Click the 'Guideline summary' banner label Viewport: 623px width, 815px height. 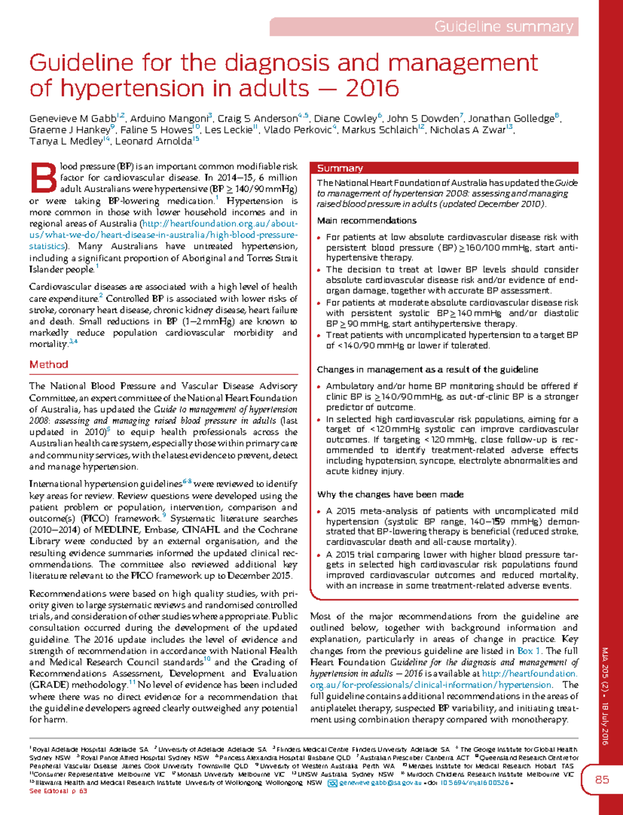pos(503,26)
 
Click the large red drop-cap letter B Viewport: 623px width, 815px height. pos(43,178)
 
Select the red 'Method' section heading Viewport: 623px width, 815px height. pos(49,365)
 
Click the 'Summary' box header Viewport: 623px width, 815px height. pos(340,168)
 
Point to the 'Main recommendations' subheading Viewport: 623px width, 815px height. pos(367,220)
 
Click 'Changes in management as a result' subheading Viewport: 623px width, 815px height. pos(427,369)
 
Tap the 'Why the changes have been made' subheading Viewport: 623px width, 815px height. pos(390,494)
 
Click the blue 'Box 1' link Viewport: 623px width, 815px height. pos(529,651)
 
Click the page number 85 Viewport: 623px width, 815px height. pos(602,780)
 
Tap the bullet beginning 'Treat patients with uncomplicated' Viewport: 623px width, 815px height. pos(452,340)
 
